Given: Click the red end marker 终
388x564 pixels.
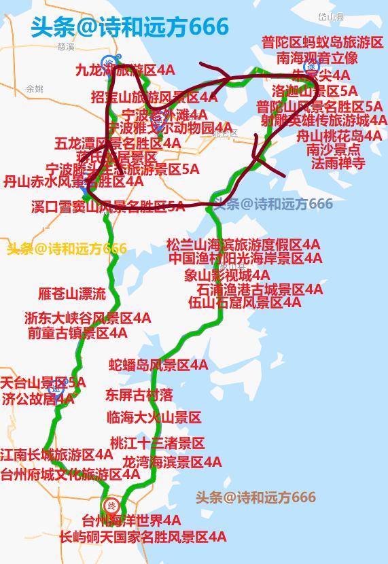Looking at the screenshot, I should (111, 506).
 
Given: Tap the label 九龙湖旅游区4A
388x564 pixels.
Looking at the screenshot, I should (125, 69).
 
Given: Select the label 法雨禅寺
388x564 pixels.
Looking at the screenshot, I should (338, 164).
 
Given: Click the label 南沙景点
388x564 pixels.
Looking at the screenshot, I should (334, 150).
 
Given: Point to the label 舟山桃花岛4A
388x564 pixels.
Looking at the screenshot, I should (340, 136).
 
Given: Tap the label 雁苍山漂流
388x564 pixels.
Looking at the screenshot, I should (72, 294).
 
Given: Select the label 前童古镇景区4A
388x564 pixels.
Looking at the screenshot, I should (77, 333).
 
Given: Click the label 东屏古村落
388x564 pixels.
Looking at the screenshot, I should (139, 395).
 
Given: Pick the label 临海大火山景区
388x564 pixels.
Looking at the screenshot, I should (154, 417).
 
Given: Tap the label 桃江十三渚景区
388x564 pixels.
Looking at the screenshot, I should (157, 444).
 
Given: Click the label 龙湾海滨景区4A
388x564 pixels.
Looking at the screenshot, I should (172, 462).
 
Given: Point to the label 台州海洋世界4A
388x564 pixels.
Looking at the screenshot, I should (131, 521).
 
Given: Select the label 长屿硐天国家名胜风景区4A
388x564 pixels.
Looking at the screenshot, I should (143, 537).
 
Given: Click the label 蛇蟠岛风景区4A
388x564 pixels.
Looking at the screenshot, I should (159, 365).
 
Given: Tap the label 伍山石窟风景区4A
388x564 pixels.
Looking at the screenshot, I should (245, 303).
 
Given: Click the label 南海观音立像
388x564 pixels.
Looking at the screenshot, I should (317, 58).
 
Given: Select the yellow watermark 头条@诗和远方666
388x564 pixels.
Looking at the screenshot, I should (67, 249).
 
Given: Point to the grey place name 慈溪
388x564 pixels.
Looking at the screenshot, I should (66, 47).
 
